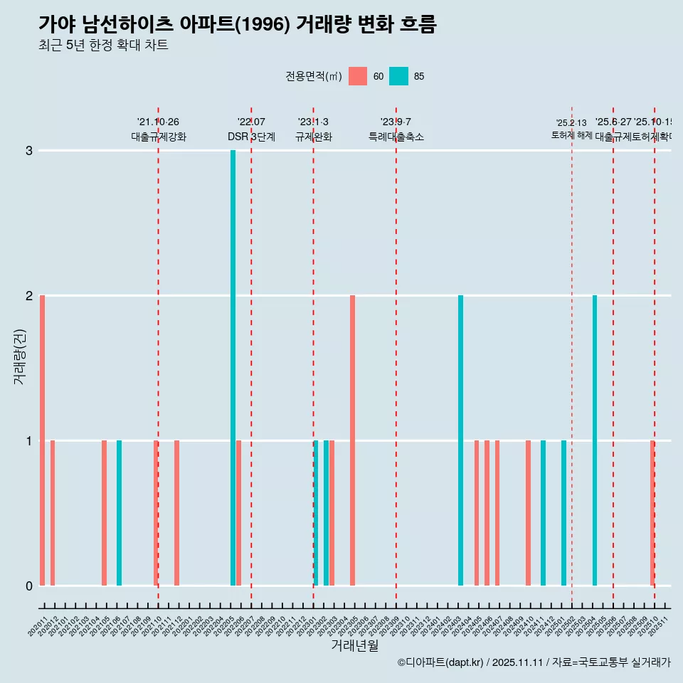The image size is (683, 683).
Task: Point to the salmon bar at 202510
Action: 652,512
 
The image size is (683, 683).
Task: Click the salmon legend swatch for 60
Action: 358,76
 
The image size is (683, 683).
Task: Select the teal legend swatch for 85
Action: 398,76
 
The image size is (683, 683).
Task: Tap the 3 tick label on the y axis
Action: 29,151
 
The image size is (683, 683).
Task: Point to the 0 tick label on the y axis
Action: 29,586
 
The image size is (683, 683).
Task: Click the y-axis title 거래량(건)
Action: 19,356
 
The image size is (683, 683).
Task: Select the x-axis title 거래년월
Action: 354,645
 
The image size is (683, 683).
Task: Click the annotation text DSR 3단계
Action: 251,137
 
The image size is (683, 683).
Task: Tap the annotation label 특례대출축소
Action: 396,137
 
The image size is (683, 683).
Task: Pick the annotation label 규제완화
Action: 313,137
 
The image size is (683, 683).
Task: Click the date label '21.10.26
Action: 158,122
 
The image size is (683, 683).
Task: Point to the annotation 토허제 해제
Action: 571,134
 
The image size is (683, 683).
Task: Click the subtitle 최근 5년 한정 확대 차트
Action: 103,46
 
